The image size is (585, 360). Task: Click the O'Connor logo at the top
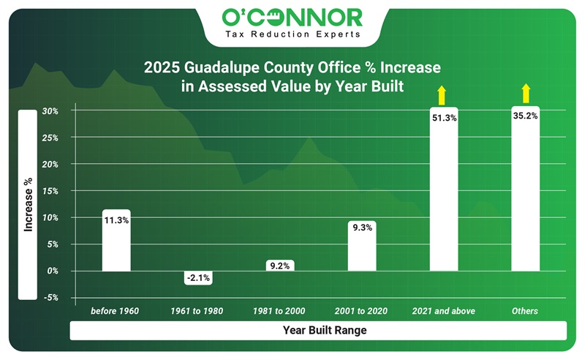point(292,15)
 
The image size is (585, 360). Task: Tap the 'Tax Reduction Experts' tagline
point(292,34)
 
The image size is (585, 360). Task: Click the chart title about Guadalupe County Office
point(292,76)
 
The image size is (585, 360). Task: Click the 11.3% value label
point(116,220)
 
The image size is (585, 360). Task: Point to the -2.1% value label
point(198,277)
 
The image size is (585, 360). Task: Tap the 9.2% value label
point(279,266)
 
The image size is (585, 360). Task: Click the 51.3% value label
point(443,117)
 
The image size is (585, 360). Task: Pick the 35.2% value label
point(525,115)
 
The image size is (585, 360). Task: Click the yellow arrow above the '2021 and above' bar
point(442,94)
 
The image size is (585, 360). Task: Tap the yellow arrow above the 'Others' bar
point(525,93)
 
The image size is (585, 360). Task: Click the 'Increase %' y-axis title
point(28,205)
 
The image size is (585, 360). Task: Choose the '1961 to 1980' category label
point(197,311)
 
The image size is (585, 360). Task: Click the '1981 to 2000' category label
point(279,311)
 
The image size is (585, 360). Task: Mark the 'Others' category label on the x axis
point(524,311)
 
